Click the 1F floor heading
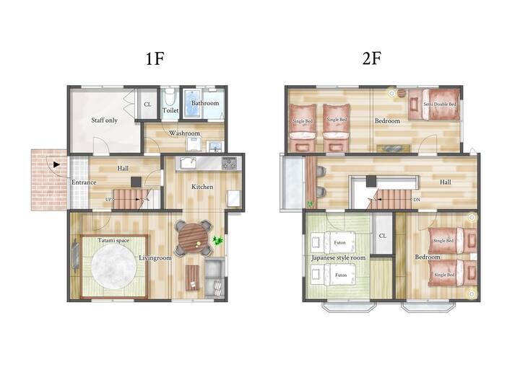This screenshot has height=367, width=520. point(155,59)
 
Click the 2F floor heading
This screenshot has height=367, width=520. point(372,58)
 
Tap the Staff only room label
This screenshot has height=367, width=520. point(105,120)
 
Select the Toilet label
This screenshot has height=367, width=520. point(170,110)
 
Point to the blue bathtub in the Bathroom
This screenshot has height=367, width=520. point(192,103)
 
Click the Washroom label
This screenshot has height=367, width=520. point(184,133)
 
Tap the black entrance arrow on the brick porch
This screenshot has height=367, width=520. point(56,164)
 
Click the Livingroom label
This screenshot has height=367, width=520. point(155,258)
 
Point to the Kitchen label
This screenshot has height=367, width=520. point(202,187)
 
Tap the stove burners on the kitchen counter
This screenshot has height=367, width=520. point(230,163)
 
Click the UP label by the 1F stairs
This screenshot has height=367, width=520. point(108,200)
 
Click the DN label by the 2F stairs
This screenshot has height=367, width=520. point(417,200)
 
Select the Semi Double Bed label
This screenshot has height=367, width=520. point(440,104)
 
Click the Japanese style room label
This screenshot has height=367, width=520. point(338,257)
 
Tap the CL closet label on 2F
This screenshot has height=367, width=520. point(382,236)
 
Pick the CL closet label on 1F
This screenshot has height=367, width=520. point(147,105)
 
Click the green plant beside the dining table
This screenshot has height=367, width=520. point(218,240)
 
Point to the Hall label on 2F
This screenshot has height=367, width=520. point(446,182)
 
